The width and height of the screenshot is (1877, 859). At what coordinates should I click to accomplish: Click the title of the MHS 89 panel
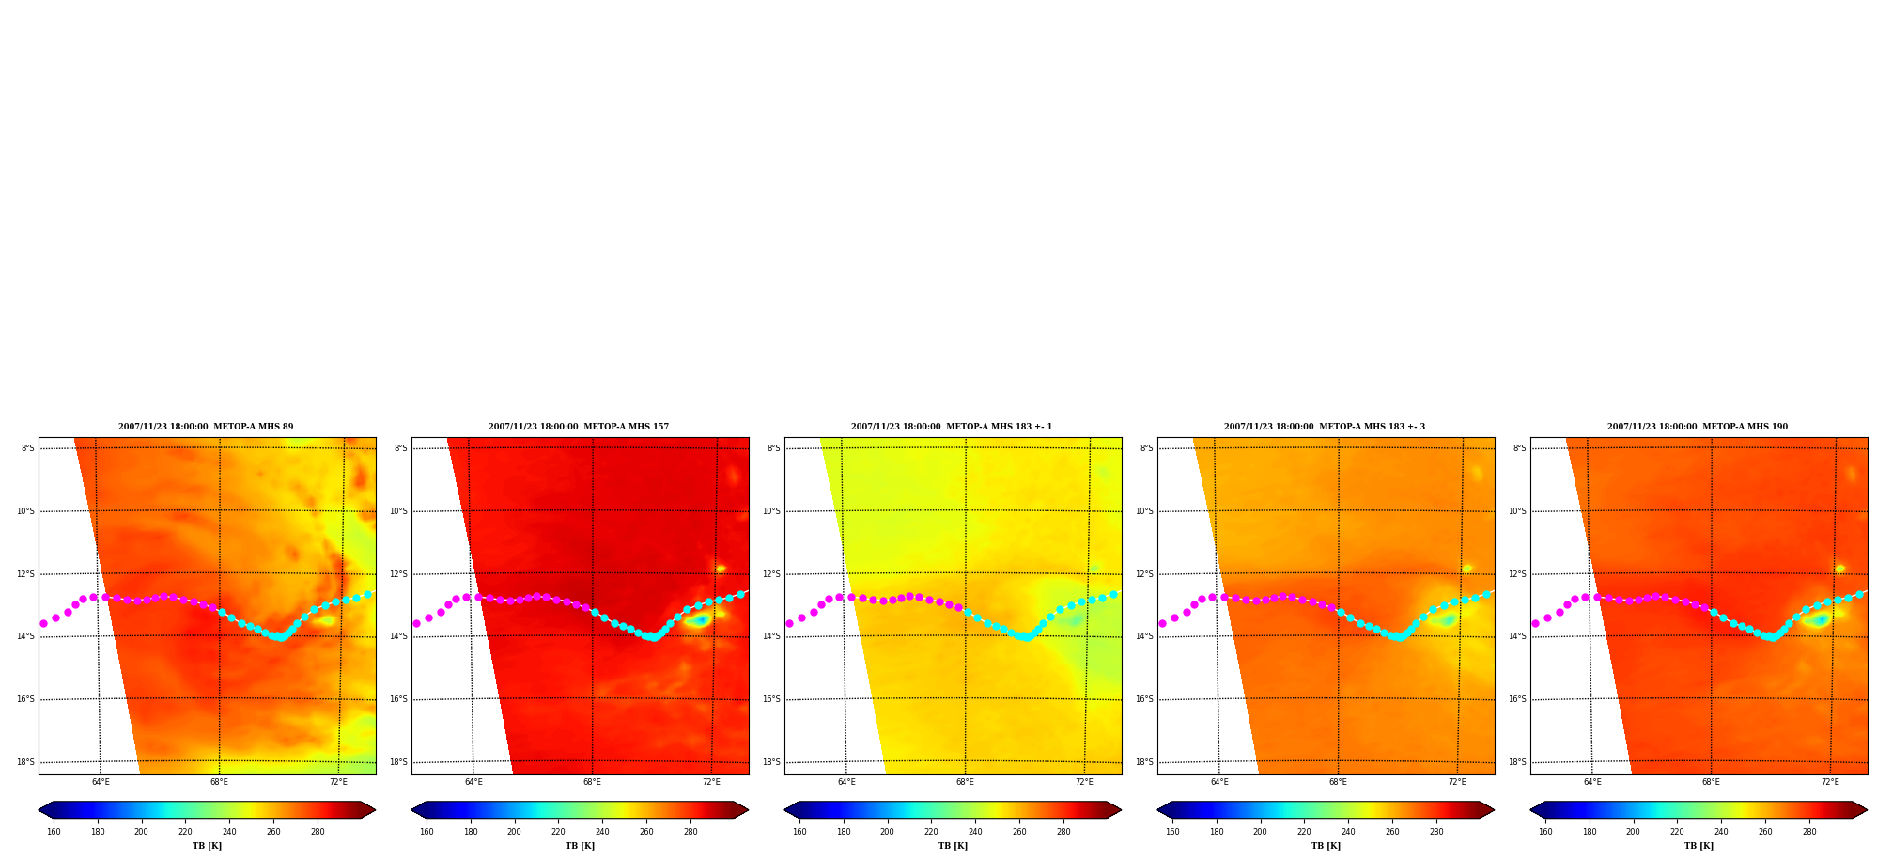coord(206,427)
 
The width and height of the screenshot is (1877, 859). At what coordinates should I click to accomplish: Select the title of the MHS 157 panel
coord(579,427)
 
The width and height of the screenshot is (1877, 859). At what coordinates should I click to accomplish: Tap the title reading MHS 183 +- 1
coord(952,427)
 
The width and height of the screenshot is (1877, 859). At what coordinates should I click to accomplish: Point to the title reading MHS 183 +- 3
coord(1325,427)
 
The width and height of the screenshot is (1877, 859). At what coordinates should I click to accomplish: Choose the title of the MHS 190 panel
coord(1698,427)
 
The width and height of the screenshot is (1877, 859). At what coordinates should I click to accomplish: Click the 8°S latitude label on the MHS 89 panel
coord(28,448)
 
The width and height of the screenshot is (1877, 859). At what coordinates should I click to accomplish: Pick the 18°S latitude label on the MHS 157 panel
coord(398,762)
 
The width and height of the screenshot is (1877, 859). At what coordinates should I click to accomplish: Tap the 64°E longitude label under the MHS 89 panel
coord(101,782)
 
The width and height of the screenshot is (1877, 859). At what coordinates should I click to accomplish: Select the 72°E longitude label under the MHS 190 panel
coord(1830,782)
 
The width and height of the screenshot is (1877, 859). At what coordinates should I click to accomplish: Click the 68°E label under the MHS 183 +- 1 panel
coord(965,782)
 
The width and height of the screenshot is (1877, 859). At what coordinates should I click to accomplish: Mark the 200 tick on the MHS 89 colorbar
coord(141,832)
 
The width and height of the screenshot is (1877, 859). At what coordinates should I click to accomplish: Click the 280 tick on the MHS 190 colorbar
coord(1809,832)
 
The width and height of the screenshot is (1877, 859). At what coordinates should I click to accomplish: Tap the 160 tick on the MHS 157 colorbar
coord(427,832)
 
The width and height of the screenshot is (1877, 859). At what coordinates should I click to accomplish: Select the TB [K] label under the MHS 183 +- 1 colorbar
coord(953,846)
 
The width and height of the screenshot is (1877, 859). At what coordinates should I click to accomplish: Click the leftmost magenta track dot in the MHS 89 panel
coord(43,623)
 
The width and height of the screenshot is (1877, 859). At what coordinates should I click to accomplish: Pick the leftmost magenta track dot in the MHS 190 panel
coord(1535,623)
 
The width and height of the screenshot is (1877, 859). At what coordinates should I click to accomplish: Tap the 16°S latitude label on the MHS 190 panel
coord(1517,699)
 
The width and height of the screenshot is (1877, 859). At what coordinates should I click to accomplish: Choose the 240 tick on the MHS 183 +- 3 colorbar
coord(1348,832)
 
